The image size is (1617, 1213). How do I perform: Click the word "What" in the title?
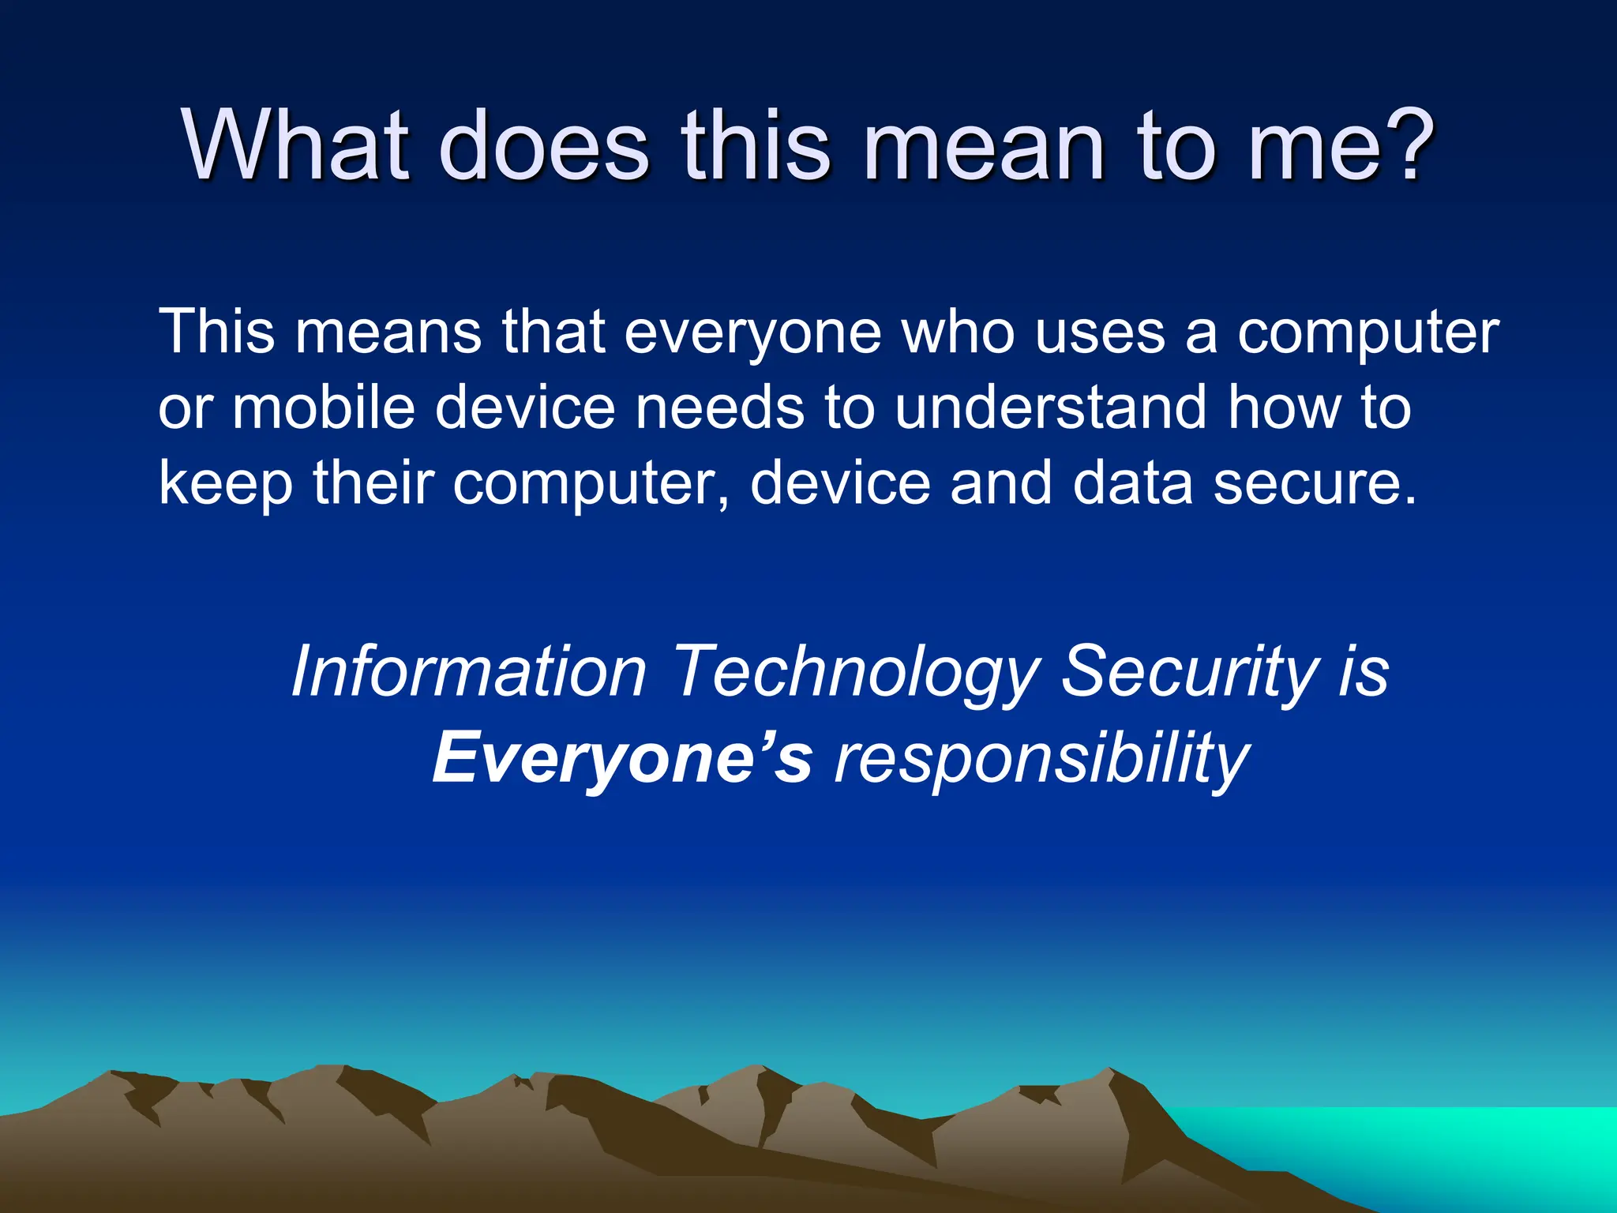point(296,147)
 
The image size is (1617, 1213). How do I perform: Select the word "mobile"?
point(324,407)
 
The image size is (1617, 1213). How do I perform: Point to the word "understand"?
point(1051,407)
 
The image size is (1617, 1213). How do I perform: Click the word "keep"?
point(226,483)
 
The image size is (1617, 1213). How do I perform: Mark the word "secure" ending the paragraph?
point(1307,483)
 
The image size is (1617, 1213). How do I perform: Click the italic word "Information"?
point(469,671)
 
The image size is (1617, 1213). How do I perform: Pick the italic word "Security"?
point(1189,671)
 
